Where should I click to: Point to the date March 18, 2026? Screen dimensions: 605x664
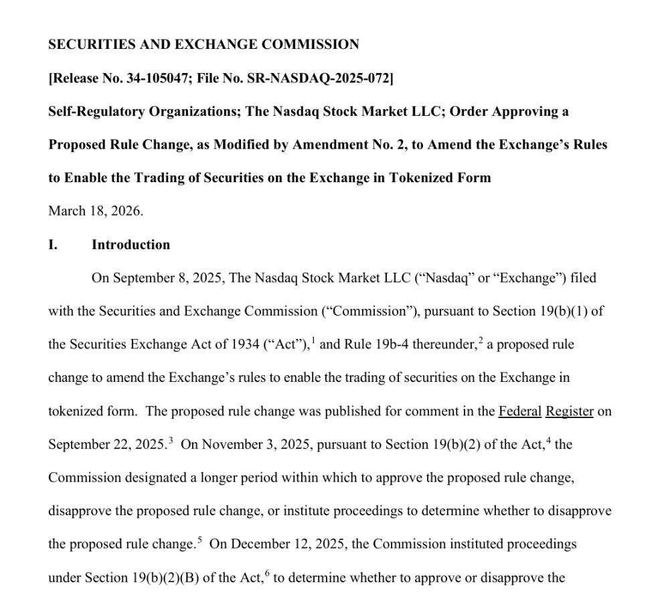click(x=95, y=211)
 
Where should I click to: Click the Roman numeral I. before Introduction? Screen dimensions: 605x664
click(x=53, y=245)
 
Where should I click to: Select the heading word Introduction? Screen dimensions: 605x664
click(x=131, y=245)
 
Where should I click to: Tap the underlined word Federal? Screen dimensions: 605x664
click(x=519, y=411)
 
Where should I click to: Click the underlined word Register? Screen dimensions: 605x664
click(x=569, y=411)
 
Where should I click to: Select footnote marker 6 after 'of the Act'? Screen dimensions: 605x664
click(x=267, y=574)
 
